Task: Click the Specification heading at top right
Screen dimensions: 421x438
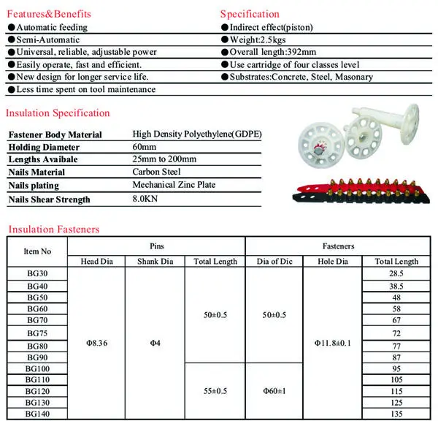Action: coord(250,13)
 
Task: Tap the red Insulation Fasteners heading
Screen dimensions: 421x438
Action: coord(53,229)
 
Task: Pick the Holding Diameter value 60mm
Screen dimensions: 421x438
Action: coord(145,147)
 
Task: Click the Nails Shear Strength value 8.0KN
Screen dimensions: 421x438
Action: coord(146,199)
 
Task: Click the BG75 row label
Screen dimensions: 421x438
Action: coord(37,333)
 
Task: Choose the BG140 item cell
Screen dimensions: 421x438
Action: coord(37,413)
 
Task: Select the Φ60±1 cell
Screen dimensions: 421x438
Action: coord(273,391)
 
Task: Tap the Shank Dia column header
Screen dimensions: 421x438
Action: coord(155,262)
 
